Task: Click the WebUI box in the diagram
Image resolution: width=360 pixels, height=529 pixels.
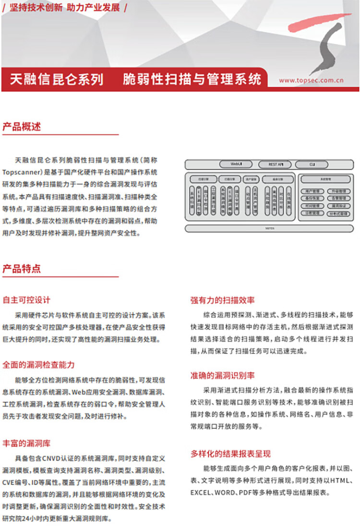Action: pos(236,164)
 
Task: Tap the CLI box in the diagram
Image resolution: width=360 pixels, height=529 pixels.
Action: pos(312,164)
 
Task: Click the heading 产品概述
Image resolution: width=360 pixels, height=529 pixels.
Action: pos(22,127)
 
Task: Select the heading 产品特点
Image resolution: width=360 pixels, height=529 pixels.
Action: pos(22,269)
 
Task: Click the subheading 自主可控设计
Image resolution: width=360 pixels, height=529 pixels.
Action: pos(26,300)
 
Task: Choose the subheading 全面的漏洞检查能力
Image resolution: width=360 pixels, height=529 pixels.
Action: pos(38,364)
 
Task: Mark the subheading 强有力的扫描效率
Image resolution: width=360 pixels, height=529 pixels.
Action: pos(222,300)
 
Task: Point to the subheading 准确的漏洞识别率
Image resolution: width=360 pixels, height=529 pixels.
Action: pos(222,376)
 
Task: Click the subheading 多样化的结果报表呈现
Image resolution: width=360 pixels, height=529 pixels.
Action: pos(230,453)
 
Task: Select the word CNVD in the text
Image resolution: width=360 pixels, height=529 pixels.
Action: pos(55,458)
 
